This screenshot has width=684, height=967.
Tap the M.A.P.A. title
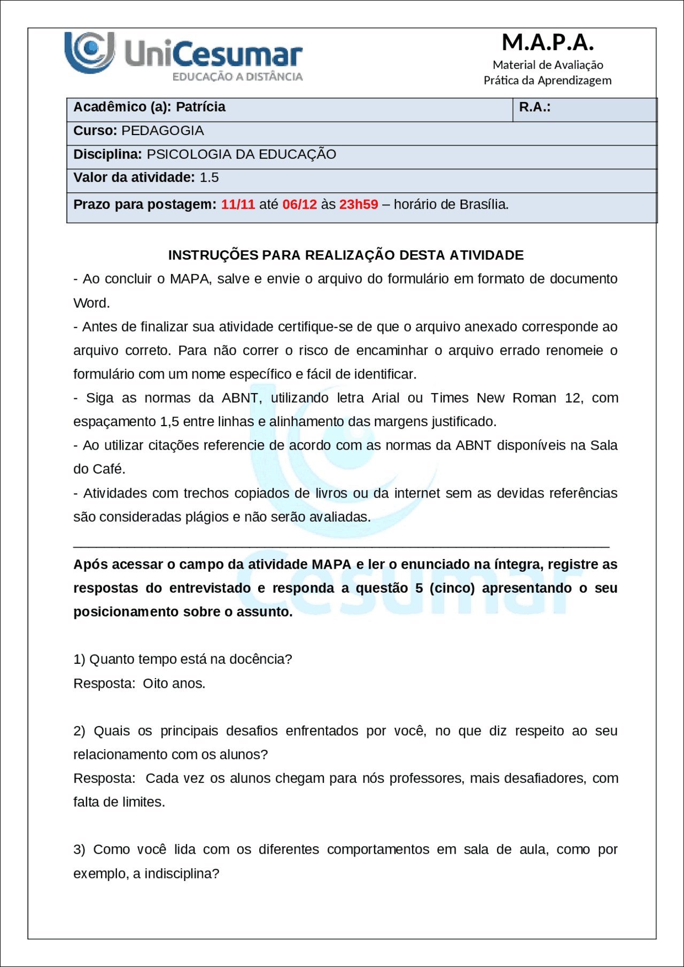click(548, 42)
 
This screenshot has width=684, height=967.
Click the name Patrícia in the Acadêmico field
click(200, 107)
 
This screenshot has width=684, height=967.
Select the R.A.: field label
click(534, 107)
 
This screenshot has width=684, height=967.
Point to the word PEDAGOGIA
click(162, 131)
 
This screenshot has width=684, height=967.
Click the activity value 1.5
click(209, 178)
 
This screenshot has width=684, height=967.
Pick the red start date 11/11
click(238, 205)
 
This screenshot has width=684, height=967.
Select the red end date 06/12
click(299, 205)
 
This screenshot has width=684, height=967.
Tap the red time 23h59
click(359, 205)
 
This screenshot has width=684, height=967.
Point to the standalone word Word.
click(91, 303)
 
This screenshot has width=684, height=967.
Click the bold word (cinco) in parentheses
click(452, 588)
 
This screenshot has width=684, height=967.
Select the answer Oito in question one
click(155, 684)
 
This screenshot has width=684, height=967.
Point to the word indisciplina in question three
click(181, 874)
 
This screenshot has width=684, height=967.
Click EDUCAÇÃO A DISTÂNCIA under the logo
click(237, 77)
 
